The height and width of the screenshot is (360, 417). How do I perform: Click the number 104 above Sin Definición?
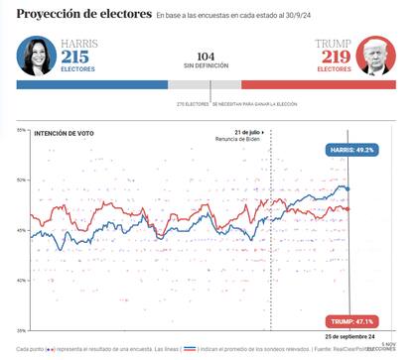(207, 57)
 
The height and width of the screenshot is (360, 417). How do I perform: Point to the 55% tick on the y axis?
(22, 130)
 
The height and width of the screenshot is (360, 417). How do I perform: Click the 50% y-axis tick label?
(22, 180)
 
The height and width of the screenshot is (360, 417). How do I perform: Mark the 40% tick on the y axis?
(22, 280)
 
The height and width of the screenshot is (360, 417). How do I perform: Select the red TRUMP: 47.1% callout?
(351, 321)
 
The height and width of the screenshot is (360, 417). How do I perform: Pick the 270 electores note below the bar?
(193, 103)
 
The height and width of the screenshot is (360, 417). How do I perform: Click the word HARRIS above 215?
(79, 44)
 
